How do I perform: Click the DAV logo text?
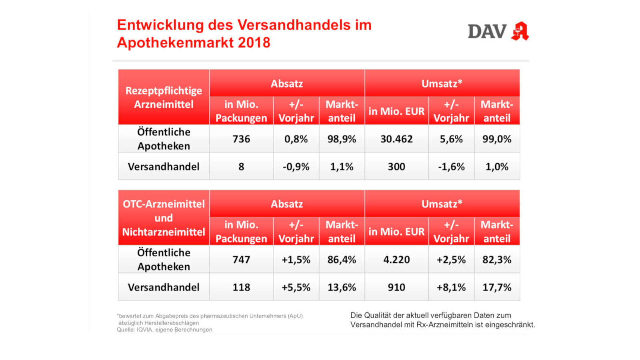[x=487, y=32]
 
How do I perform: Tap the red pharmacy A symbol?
[x=520, y=31]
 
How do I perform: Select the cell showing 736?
[x=241, y=139]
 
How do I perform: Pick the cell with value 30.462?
[x=396, y=139]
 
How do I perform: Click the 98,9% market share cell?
[x=342, y=139]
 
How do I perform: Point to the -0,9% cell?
[x=296, y=166]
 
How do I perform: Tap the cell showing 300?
[x=396, y=166]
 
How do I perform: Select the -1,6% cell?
[x=451, y=166]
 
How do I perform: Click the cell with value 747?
[x=241, y=260]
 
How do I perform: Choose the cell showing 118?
[x=241, y=287]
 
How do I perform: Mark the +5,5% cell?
[x=296, y=287]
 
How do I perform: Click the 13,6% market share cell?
[x=342, y=287]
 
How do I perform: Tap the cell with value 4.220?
[x=396, y=260]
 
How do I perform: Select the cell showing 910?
[x=396, y=287]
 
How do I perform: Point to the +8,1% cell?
[x=451, y=287]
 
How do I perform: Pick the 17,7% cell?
[x=497, y=287]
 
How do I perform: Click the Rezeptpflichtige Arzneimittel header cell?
[x=164, y=97]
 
